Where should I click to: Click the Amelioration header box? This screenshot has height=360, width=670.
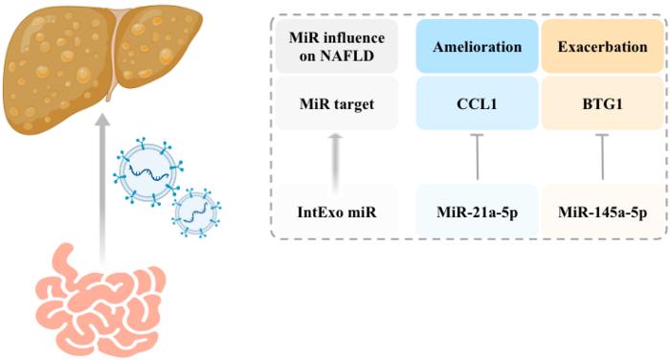click(x=477, y=46)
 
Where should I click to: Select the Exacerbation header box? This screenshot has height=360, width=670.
click(x=602, y=46)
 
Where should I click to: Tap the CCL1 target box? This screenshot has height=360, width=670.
click(x=477, y=103)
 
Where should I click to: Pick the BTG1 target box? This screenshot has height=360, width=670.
click(x=602, y=103)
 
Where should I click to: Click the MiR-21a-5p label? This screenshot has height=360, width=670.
click(x=477, y=212)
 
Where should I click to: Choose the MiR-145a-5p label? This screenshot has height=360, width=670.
click(x=602, y=212)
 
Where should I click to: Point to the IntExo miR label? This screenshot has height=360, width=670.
click(x=337, y=212)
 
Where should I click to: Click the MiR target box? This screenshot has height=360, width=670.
click(x=337, y=103)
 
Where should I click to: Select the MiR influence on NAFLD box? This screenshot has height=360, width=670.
click(x=337, y=46)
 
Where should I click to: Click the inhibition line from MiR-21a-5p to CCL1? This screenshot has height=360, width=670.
click(x=477, y=157)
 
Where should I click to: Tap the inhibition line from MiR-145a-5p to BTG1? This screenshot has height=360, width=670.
click(x=602, y=157)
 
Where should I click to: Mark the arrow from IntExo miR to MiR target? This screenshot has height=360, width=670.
click(x=336, y=164)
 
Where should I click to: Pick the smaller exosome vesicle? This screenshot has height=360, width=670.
click(x=196, y=212)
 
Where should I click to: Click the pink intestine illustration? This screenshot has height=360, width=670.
click(x=100, y=300)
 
